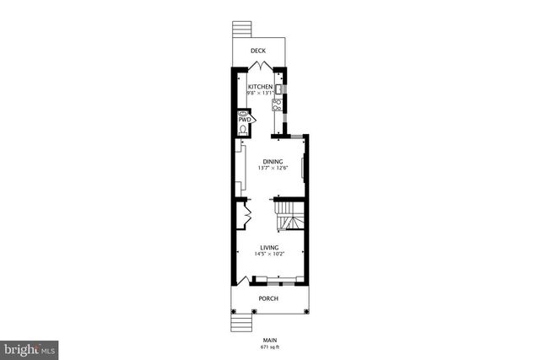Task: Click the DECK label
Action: pos(258,51)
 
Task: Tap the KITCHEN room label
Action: pos(260,87)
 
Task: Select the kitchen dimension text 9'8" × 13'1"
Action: pos(260,94)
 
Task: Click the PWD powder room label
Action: pos(244,120)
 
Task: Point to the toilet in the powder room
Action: pos(244,129)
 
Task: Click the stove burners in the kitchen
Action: pos(277,105)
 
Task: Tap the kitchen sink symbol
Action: pos(279,87)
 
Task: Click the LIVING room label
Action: pos(269,248)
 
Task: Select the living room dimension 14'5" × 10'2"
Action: pos(269,255)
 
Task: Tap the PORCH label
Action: pos(268,298)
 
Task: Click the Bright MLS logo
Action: pos(29,347)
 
